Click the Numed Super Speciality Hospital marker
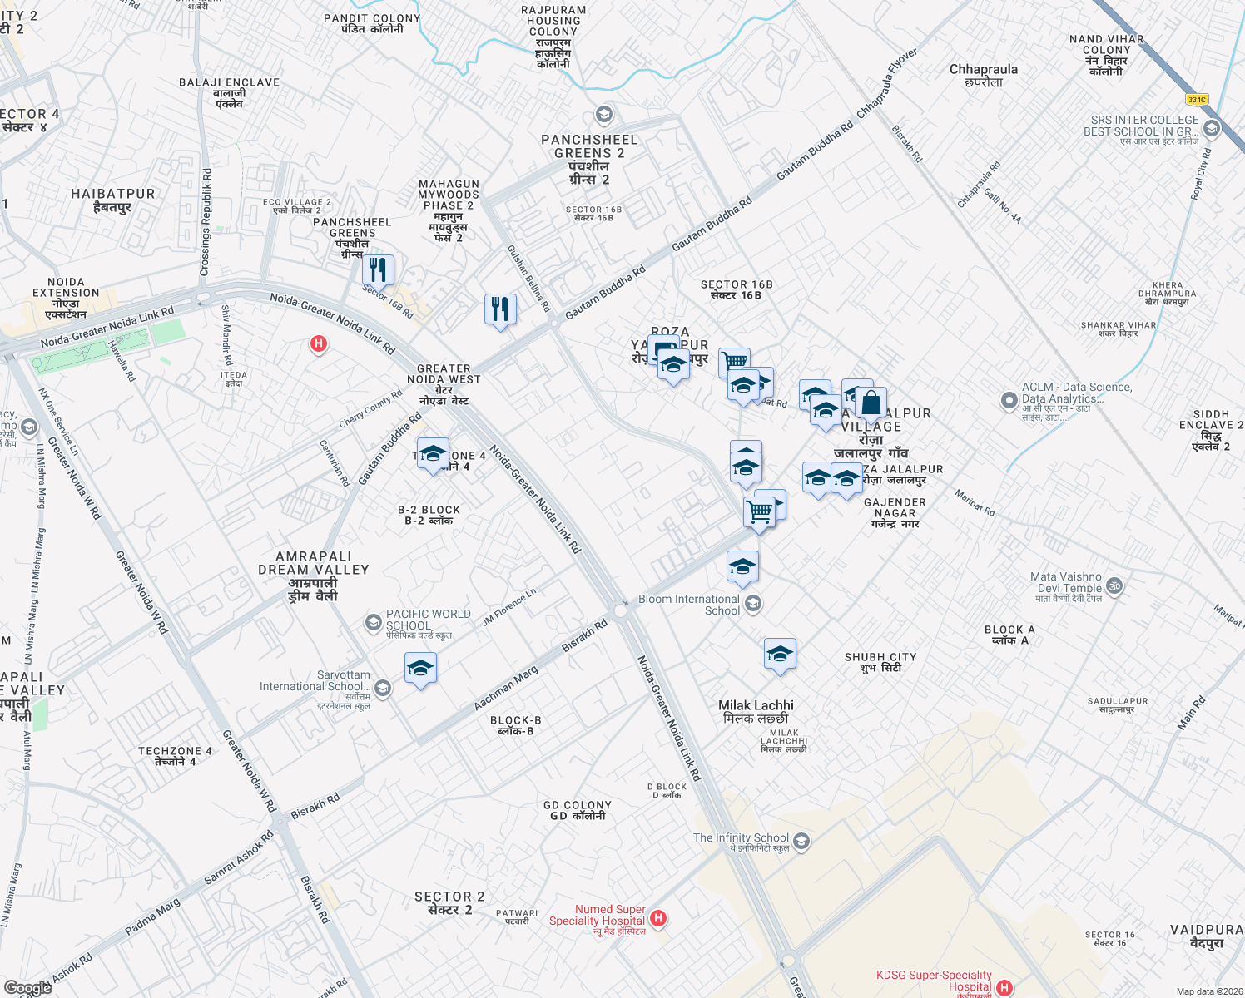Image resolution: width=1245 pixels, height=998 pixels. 658,918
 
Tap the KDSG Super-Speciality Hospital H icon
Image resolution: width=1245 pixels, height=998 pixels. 1004,987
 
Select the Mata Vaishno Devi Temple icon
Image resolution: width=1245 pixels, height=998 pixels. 1114,585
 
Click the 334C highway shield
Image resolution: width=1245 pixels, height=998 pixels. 1197,99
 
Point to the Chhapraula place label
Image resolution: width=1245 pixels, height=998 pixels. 984,75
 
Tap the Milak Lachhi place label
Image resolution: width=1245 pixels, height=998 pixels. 756,711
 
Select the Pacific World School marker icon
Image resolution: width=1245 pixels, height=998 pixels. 374,622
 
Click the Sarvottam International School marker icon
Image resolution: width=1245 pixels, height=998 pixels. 383,688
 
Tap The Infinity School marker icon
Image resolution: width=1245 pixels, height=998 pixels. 801,841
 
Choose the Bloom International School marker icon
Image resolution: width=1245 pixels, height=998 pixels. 753,604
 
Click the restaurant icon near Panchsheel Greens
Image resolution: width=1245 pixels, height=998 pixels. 378,269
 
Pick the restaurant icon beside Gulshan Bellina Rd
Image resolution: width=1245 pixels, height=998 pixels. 500,309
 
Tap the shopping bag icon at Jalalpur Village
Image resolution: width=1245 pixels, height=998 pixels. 871,403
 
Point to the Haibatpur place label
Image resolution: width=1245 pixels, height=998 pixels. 113,200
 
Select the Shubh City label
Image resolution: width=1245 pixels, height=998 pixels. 880,662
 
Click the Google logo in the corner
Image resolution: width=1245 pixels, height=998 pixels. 28,987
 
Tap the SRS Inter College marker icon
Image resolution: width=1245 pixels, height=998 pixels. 1212,128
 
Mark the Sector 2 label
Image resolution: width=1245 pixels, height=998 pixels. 449,902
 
